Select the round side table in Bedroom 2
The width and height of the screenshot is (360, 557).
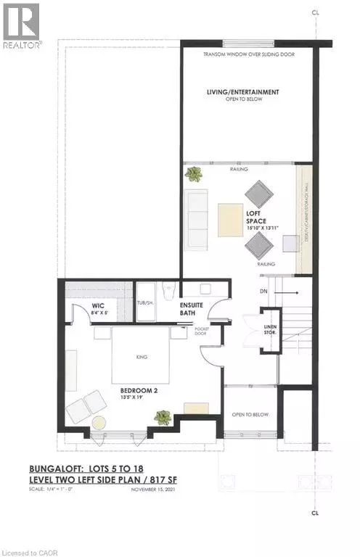(98, 423)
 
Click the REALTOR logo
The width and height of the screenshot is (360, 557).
(22, 25)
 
